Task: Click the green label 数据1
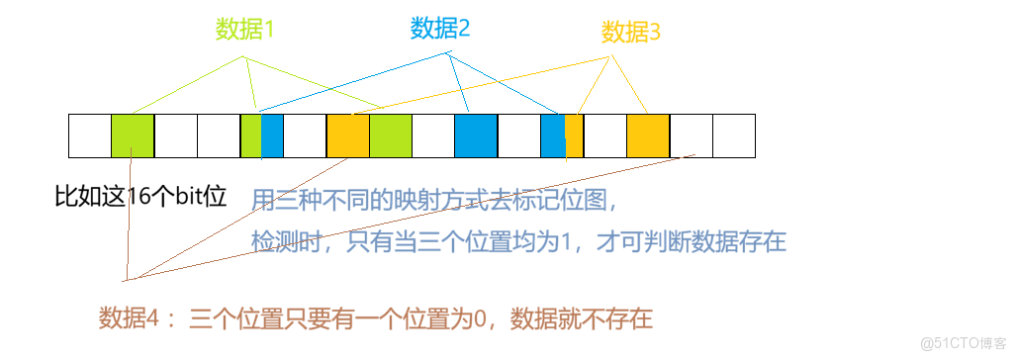(x=244, y=30)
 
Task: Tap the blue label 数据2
(x=440, y=28)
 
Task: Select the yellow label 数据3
(x=630, y=33)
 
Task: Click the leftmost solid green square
(x=133, y=136)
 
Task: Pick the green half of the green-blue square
(x=251, y=136)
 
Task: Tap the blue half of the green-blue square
(x=272, y=136)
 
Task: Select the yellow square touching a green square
(x=348, y=136)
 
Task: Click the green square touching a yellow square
(x=390, y=136)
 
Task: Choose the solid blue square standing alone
(x=476, y=136)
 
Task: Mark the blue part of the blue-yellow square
(x=553, y=136)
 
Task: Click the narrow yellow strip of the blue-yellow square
(x=574, y=136)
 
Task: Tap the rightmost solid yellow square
(x=648, y=136)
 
